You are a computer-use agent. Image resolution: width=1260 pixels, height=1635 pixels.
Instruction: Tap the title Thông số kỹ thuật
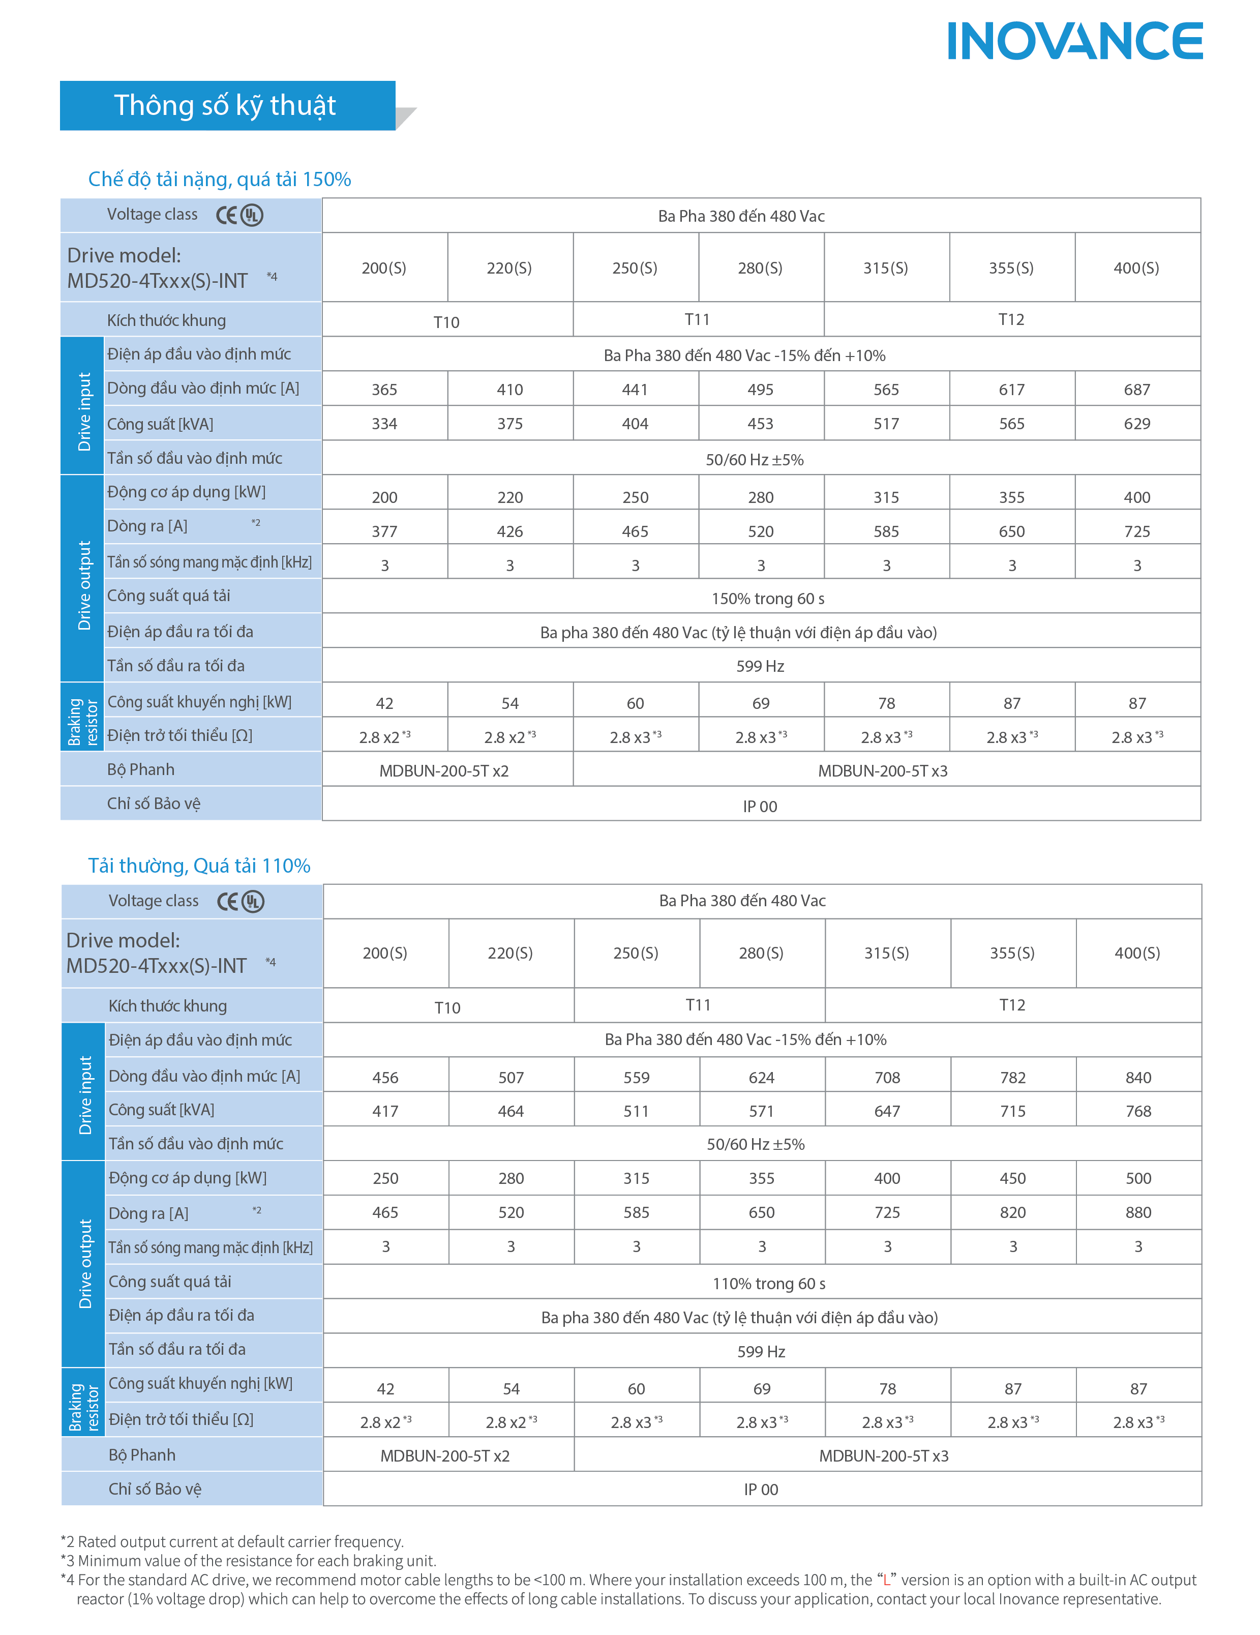[225, 106]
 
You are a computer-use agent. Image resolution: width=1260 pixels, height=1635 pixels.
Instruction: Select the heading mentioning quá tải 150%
[219, 179]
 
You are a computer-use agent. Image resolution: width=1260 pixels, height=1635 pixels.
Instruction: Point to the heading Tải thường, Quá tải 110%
[199, 866]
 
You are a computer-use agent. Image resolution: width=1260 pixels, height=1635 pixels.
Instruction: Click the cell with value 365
[384, 389]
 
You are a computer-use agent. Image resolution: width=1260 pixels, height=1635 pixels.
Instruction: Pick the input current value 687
[1136, 389]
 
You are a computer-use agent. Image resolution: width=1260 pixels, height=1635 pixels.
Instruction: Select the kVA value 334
[384, 424]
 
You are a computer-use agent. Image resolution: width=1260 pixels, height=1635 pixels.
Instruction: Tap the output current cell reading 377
[384, 531]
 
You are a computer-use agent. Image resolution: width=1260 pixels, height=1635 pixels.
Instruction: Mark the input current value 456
[385, 1077]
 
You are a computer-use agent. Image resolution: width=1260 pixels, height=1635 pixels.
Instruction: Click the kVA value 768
[1138, 1111]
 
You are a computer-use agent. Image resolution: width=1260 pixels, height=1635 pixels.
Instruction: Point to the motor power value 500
[1138, 1178]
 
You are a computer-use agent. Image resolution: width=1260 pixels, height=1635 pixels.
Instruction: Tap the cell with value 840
[1138, 1077]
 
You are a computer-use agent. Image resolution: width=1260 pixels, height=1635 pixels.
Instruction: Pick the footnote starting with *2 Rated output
[232, 1541]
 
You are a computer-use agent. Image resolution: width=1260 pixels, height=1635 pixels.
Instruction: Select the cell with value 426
[510, 531]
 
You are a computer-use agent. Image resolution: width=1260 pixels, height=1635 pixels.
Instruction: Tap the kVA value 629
[1136, 424]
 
